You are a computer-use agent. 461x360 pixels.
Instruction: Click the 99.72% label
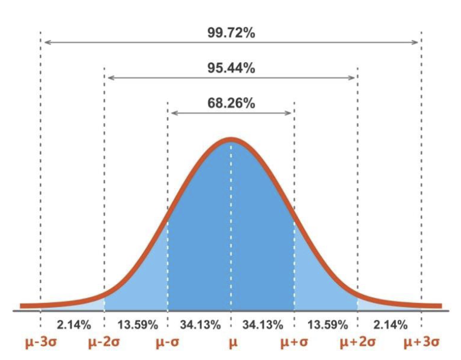[230, 33]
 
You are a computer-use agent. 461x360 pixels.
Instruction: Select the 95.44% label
[230, 68]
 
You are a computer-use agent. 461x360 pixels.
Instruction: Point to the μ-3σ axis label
[40, 342]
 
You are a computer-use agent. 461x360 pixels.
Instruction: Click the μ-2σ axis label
[104, 342]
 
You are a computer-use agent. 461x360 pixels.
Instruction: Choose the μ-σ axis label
[167, 342]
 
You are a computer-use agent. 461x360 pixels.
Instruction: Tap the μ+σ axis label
[294, 342]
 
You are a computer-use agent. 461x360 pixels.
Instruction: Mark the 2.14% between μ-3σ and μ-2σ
[73, 324]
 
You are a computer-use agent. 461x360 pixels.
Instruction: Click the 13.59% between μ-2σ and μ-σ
[136, 324]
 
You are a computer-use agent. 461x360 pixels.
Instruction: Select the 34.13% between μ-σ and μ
[200, 324]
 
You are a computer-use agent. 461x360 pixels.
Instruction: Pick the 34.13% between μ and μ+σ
[263, 324]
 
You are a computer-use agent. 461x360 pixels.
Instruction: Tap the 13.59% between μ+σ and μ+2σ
[326, 324]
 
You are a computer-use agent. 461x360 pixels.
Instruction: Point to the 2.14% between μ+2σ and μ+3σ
[389, 324]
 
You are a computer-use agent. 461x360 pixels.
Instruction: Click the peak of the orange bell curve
[231, 140]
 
